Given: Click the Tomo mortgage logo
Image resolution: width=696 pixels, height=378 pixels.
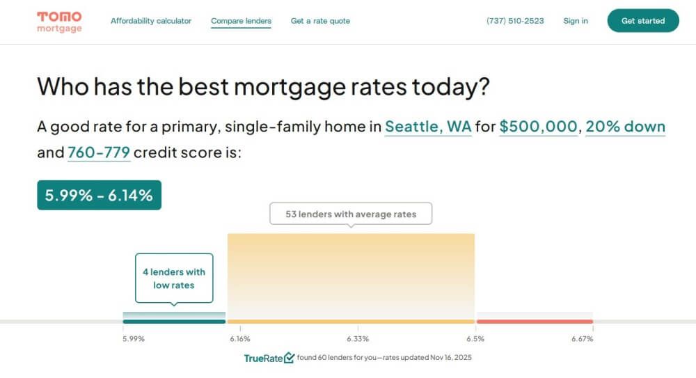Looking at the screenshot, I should point(59,22).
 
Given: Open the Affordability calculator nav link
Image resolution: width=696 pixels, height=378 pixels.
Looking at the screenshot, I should point(151,21).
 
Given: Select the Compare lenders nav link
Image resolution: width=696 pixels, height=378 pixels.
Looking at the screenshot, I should point(241,21).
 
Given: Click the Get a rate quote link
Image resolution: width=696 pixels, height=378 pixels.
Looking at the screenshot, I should point(320,21).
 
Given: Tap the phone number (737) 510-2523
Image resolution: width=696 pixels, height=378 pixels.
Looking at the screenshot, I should point(515,21).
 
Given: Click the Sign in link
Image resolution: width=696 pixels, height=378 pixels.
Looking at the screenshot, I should point(576,21).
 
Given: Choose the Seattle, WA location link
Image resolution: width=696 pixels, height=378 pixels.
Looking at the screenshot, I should point(428,127).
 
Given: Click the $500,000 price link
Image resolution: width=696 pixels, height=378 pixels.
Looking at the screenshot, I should point(538,127).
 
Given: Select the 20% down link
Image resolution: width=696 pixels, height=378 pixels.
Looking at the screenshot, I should point(625,127).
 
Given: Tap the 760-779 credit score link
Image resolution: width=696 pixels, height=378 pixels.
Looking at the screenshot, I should point(99,152).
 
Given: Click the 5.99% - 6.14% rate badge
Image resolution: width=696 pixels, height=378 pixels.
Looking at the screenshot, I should point(99,195).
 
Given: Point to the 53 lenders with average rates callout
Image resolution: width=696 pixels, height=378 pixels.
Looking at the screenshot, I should point(351,214).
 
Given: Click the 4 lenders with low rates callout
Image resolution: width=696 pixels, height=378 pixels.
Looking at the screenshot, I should point(174,278).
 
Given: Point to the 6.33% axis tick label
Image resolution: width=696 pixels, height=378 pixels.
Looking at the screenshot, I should point(358,339).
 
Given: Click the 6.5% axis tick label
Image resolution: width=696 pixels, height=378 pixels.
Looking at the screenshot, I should point(475,339).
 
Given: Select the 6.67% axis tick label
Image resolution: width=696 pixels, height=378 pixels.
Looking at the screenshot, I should point(582,339).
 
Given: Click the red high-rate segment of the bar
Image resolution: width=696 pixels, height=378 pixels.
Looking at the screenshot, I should point(535,321).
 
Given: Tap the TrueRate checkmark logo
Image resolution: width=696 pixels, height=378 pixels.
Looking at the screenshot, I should point(269,358).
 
